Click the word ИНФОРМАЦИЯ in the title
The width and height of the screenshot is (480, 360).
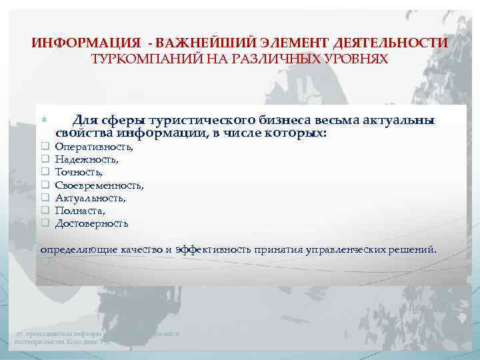[x=85, y=43]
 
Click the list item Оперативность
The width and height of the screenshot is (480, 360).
[x=94, y=147]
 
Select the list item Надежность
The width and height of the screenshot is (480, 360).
[x=87, y=159]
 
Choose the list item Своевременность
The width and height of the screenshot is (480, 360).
[x=99, y=185]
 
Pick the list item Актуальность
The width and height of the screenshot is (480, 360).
[x=90, y=198]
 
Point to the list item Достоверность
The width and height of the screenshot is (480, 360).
[x=91, y=223]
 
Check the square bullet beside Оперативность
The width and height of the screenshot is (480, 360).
[x=45, y=147]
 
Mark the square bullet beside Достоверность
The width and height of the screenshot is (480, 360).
[x=45, y=223]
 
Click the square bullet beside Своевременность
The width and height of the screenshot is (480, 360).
[x=45, y=185]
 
